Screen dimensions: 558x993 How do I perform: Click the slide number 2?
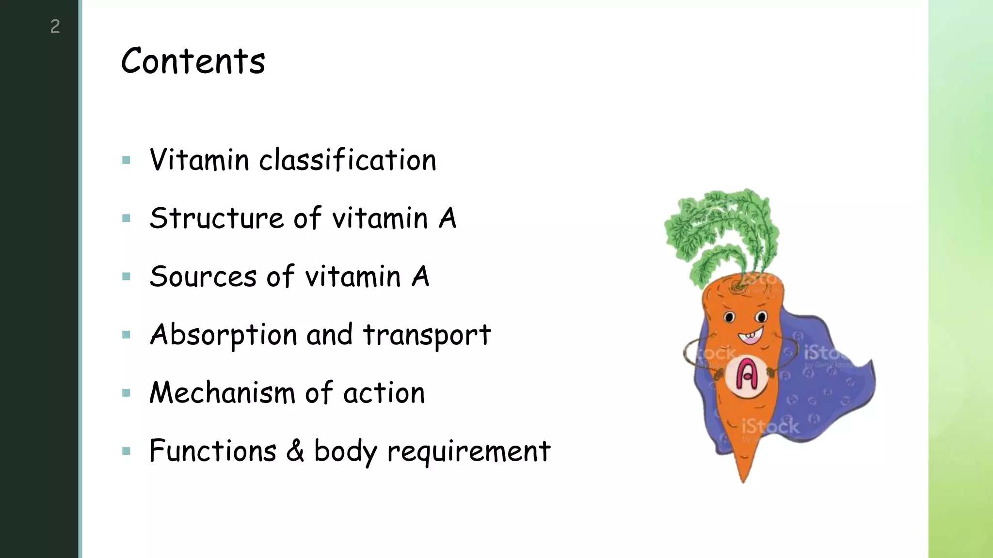click(55, 26)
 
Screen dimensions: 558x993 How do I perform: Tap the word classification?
click(348, 160)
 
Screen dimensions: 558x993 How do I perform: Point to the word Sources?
click(203, 277)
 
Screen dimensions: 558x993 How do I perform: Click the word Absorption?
click(224, 335)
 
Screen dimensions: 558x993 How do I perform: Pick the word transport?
click(427, 335)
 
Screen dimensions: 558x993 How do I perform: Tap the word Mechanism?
click(222, 393)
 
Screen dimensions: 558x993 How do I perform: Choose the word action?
click(384, 393)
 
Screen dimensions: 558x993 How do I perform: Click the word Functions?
click(213, 451)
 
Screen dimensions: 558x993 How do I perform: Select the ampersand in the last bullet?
click(295, 451)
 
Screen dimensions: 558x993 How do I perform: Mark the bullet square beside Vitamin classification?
click(127, 160)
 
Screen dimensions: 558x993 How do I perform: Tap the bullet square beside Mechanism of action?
click(127, 393)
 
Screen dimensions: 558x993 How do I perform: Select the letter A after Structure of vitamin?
click(448, 218)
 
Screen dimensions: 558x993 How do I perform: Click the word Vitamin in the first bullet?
click(199, 160)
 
